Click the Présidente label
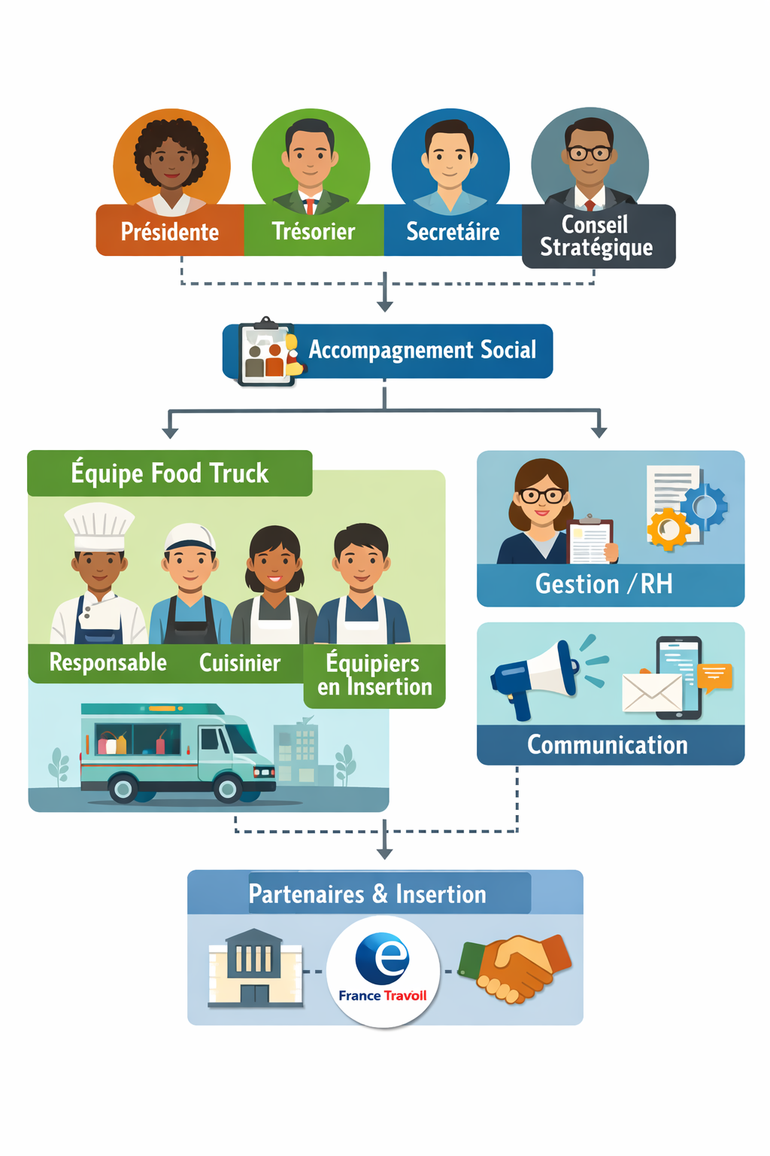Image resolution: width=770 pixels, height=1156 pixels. [x=170, y=231]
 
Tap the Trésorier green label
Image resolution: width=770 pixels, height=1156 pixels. [x=313, y=231]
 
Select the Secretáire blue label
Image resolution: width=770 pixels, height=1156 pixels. [x=453, y=231]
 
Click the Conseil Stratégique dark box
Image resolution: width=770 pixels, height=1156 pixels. [x=597, y=236]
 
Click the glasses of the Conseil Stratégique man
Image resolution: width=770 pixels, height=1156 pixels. [x=590, y=154]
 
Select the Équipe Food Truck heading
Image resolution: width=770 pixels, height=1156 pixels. [x=170, y=473]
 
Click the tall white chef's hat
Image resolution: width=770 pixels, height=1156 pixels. [x=99, y=525]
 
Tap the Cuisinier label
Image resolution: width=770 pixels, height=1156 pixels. [x=239, y=663]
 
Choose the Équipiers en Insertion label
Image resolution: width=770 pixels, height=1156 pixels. [x=374, y=675]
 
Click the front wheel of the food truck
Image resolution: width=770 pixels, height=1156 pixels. [x=226, y=788]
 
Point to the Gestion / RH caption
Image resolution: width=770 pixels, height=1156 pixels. [x=604, y=584]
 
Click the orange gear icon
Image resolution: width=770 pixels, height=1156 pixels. [x=667, y=529]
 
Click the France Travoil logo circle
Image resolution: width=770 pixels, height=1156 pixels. [x=383, y=971]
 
